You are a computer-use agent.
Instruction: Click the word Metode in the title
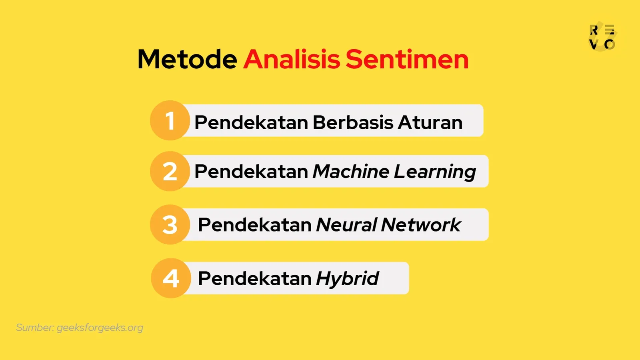point(187,60)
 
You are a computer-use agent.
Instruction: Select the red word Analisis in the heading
point(292,60)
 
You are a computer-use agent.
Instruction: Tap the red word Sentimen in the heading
point(407,60)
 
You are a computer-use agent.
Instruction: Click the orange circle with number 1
point(170,120)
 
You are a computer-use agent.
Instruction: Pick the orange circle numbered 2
point(170,171)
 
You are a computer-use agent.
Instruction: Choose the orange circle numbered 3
point(170,224)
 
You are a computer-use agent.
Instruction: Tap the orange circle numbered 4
point(171,278)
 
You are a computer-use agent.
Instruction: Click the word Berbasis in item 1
point(353,122)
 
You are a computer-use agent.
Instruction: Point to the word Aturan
point(430,122)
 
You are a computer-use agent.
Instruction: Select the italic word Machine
point(350,172)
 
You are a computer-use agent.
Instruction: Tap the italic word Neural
point(346,225)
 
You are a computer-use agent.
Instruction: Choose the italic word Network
point(421,225)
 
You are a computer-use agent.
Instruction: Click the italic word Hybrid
point(347,279)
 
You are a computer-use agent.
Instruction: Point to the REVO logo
point(602,36)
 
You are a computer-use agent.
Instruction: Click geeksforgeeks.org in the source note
point(100,328)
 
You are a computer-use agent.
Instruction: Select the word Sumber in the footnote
point(35,328)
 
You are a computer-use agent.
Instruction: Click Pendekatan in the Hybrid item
point(254,278)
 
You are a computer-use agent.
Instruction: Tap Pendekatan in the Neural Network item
point(254,225)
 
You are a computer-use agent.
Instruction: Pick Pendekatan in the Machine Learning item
point(251,172)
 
